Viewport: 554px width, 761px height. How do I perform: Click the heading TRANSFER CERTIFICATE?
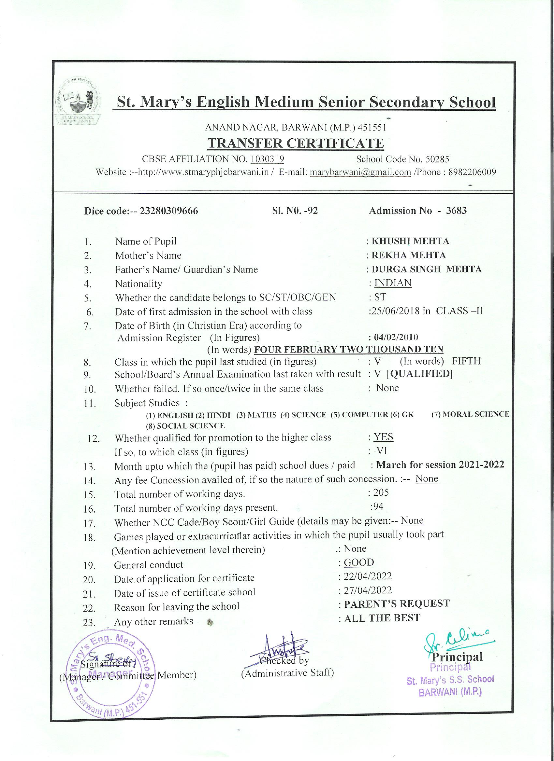[296, 143]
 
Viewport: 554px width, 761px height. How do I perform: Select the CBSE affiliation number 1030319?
[268, 159]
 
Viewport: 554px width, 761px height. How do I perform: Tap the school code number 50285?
[437, 159]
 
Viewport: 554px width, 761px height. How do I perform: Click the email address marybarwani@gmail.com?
[360, 172]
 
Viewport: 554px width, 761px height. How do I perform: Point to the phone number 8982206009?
[472, 172]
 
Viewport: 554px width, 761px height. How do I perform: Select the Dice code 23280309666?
[169, 211]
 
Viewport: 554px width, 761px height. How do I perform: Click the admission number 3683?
[456, 211]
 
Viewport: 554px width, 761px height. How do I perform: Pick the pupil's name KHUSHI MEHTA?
[410, 241]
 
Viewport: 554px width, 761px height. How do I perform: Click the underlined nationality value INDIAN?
[393, 283]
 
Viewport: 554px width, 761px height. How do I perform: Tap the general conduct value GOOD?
[359, 562]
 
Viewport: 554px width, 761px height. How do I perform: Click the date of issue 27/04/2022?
[368, 590]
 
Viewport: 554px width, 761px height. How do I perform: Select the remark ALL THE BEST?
[382, 618]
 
